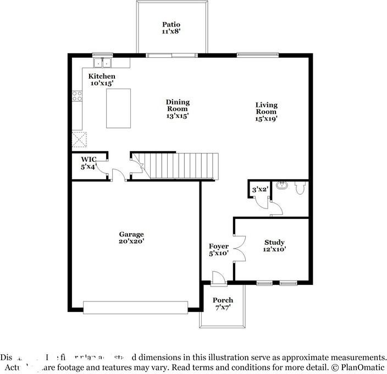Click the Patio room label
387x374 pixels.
tap(171, 28)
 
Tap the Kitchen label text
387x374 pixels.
tap(102, 80)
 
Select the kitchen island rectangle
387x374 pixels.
tap(118, 108)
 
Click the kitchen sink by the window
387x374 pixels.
tap(102, 62)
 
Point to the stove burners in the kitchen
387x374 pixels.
tap(77, 97)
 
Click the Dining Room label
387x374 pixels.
tap(178, 109)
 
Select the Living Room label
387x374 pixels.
tap(266, 112)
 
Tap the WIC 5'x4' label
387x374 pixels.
tap(89, 163)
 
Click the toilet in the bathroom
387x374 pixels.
tap(300, 189)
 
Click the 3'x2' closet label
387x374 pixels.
tap(260, 190)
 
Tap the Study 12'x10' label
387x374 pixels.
tap(274, 245)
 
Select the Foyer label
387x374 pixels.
tap(218, 250)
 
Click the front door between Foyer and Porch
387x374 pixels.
tap(219, 279)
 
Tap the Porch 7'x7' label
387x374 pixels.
tap(223, 304)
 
